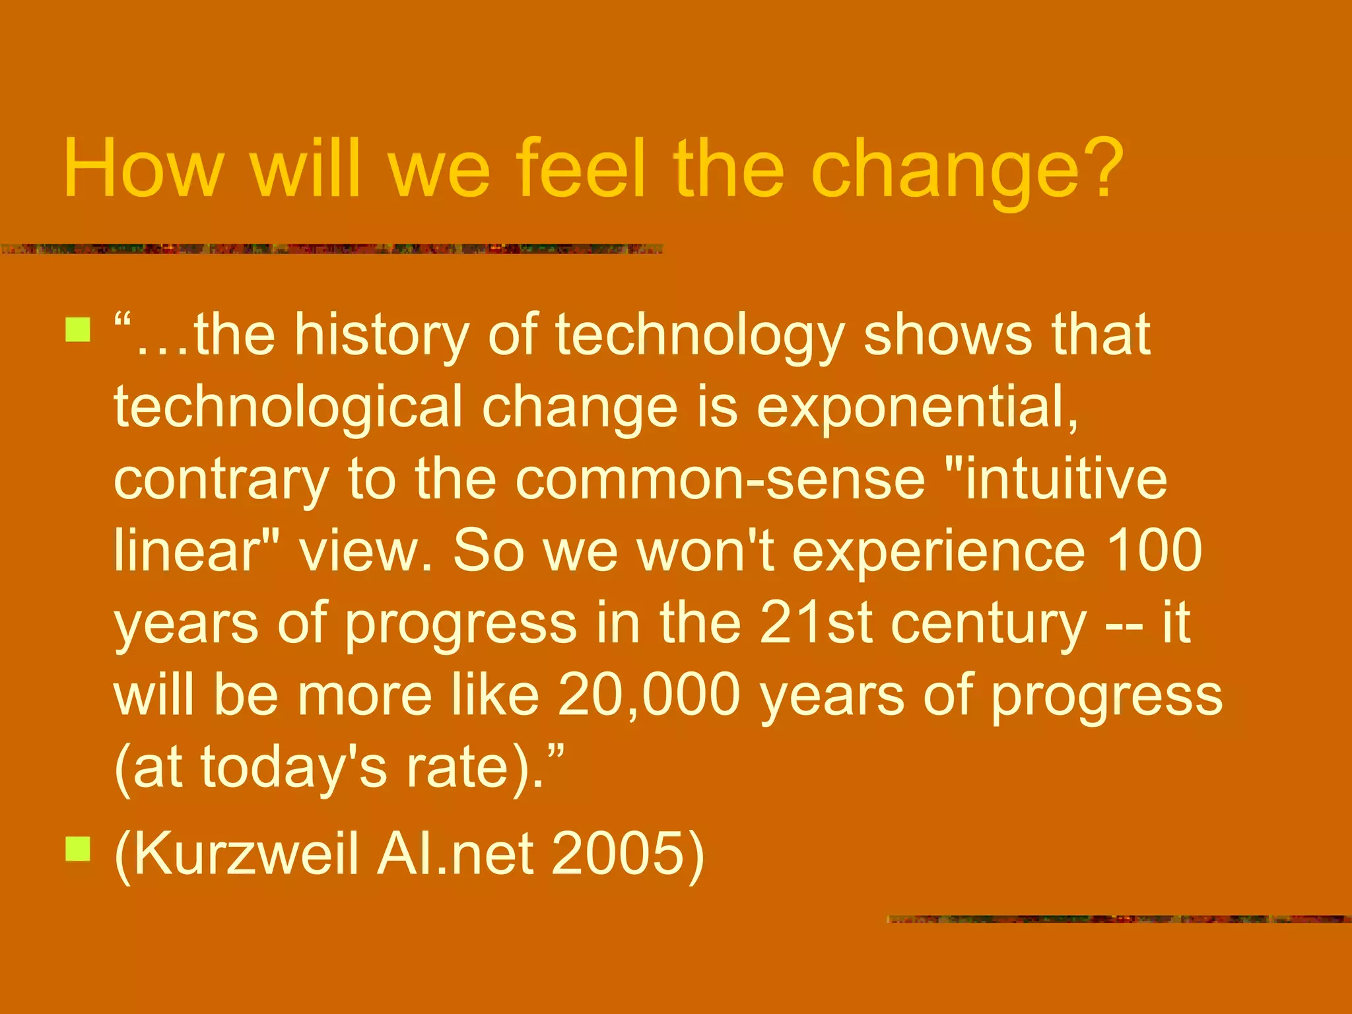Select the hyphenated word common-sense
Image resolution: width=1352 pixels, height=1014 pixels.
tap(720, 481)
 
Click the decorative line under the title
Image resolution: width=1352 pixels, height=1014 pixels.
tap(330, 249)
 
